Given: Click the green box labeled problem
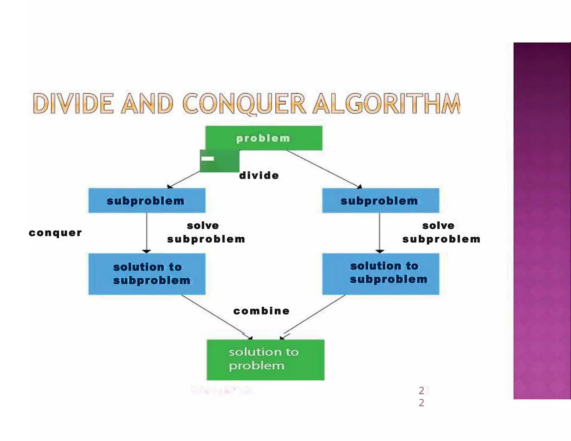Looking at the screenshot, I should pos(263,138).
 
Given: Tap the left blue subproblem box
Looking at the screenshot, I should pos(147,200).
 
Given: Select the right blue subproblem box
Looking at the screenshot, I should pos(381,200).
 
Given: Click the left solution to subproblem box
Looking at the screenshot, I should pos(147,274).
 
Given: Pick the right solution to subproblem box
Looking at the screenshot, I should pos(381,274).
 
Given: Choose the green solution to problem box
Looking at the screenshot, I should pos(265,360).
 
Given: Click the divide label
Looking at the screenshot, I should pos(259,175).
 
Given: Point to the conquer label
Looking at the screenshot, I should pos(55,233).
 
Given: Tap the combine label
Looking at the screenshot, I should pos(262,311).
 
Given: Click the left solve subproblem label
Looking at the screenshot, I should pos(206,232).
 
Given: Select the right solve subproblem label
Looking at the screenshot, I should pos(441,232).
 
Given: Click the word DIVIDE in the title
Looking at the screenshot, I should pos(73,103).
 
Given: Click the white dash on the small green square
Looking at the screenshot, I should pos(208,159).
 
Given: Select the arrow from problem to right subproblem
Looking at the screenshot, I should pos(323,169).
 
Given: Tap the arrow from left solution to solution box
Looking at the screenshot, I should pos(216,317).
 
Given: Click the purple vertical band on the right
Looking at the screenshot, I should pos(542,220).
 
